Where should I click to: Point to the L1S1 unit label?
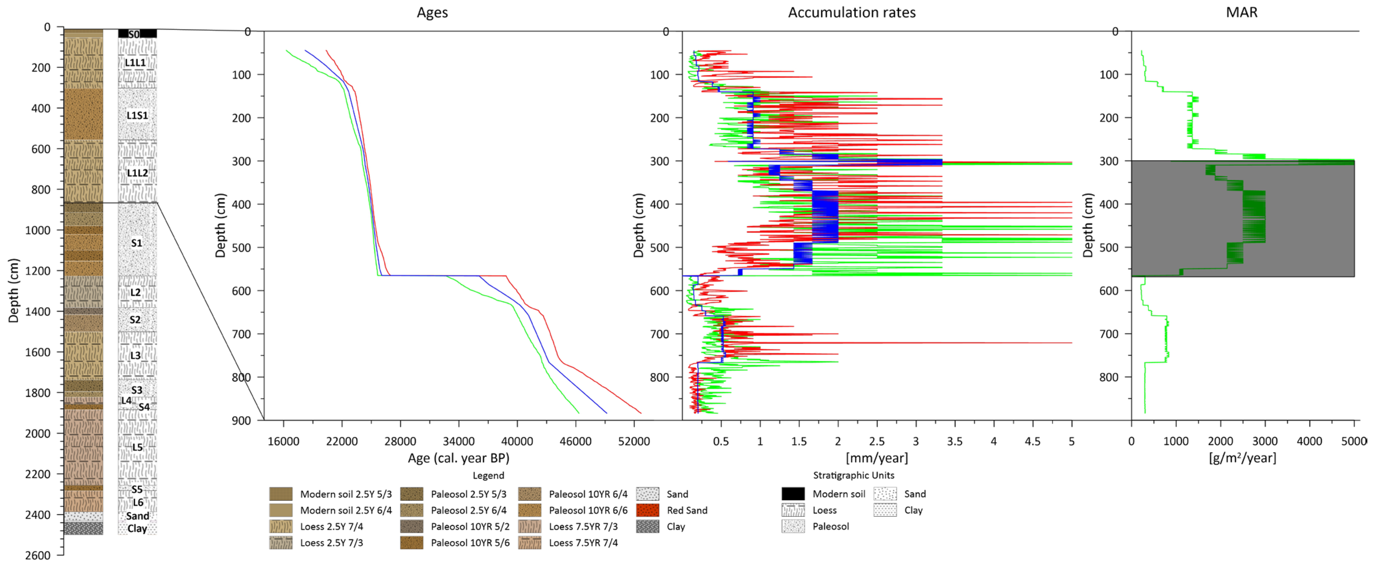137,115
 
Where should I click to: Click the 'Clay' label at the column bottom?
137,528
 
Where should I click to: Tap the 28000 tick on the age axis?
400,441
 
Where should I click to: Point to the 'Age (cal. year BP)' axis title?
458,458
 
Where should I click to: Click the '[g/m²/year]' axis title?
1242,458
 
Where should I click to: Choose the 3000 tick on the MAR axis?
1265,441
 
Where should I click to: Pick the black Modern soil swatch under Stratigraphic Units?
793,493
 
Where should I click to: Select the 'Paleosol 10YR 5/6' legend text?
470,542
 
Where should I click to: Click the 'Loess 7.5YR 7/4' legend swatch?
529,542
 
